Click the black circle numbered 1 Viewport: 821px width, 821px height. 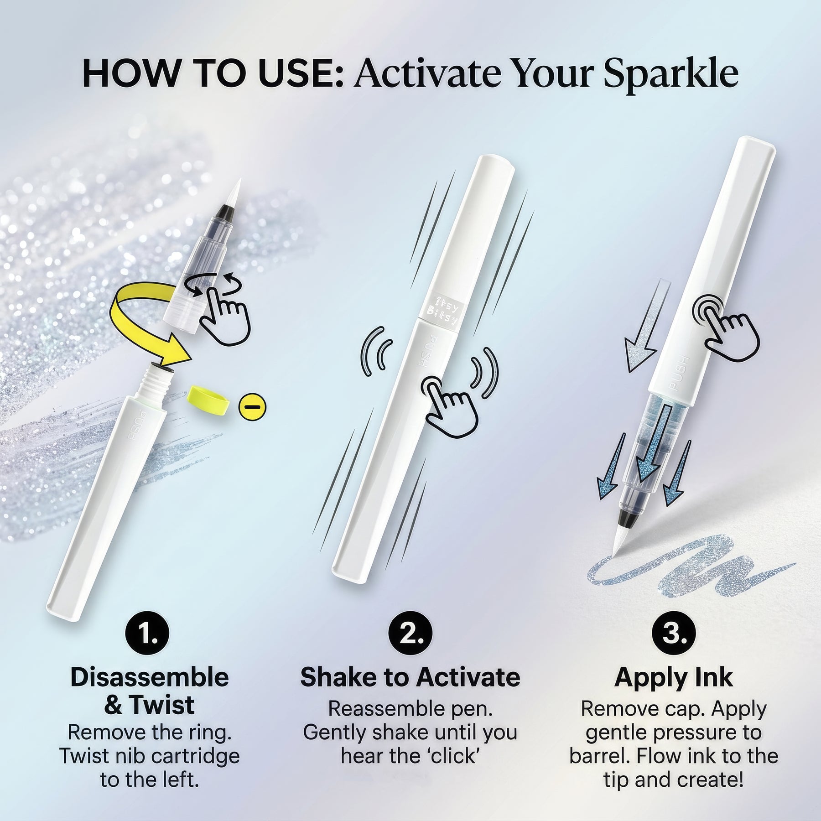(147, 634)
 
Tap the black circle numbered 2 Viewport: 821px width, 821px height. (410, 634)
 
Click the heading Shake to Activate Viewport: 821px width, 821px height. (410, 677)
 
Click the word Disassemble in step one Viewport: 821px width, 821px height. (150, 677)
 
